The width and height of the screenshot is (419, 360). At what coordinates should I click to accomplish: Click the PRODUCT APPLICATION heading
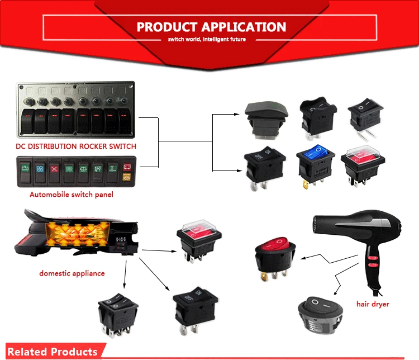[211, 27]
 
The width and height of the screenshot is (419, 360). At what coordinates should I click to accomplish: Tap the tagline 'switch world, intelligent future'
[211, 40]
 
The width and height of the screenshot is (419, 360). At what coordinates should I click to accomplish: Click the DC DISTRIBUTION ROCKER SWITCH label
[76, 146]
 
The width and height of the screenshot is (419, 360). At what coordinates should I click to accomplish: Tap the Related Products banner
[53, 352]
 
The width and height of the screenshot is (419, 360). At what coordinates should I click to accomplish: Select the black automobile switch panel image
[75, 172]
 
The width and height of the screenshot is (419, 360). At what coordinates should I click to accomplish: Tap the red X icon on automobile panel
[54, 168]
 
